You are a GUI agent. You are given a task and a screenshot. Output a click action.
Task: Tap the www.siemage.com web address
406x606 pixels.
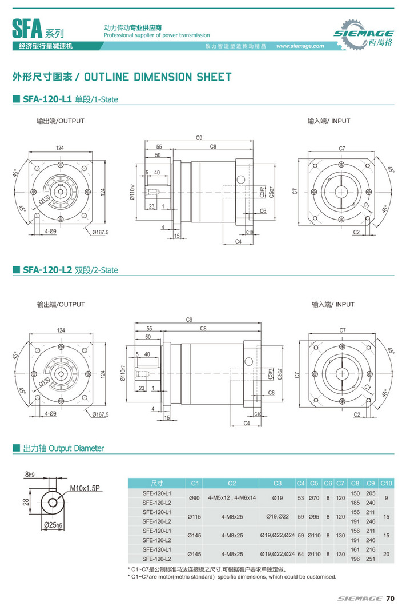[300, 46]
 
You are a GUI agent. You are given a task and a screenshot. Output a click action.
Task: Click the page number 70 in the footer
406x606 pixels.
[390, 599]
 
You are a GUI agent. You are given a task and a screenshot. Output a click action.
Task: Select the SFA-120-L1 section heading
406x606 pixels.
[47, 99]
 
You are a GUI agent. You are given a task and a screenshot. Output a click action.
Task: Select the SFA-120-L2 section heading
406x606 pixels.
[47, 270]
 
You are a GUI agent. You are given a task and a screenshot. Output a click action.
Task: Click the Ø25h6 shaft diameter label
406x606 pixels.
[53, 524]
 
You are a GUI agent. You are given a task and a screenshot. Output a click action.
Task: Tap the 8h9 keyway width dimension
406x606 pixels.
[30, 474]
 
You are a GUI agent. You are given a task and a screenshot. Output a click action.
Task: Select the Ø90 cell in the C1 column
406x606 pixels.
[194, 497]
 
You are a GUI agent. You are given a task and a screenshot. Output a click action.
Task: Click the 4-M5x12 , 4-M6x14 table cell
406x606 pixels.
[232, 497]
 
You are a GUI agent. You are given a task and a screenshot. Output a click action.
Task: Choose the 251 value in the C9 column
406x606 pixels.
[371, 559]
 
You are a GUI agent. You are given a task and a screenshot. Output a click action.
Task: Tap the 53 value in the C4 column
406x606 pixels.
[301, 497]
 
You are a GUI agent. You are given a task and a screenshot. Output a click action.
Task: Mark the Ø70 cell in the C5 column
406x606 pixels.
[314, 497]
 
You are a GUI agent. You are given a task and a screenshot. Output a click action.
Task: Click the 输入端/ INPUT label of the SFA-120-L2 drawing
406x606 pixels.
[333, 304]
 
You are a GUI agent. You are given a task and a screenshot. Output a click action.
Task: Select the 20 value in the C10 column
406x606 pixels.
[386, 554]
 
